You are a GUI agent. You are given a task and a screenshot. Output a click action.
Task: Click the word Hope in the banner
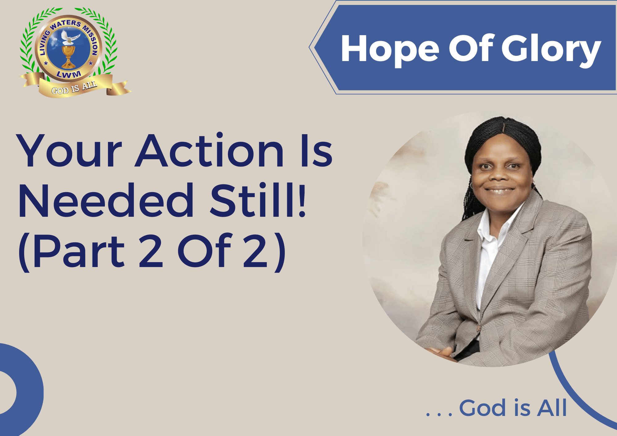pyautogui.click(x=390, y=49)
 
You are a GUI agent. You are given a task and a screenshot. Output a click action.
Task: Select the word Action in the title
pyautogui.click(x=209, y=151)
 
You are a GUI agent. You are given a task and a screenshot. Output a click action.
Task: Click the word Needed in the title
pyautogui.click(x=106, y=200)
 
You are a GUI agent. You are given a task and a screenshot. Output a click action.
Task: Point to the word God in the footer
pyautogui.click(x=482, y=408)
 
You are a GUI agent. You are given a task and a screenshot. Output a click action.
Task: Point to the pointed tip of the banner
pyautogui.click(x=309, y=47)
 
